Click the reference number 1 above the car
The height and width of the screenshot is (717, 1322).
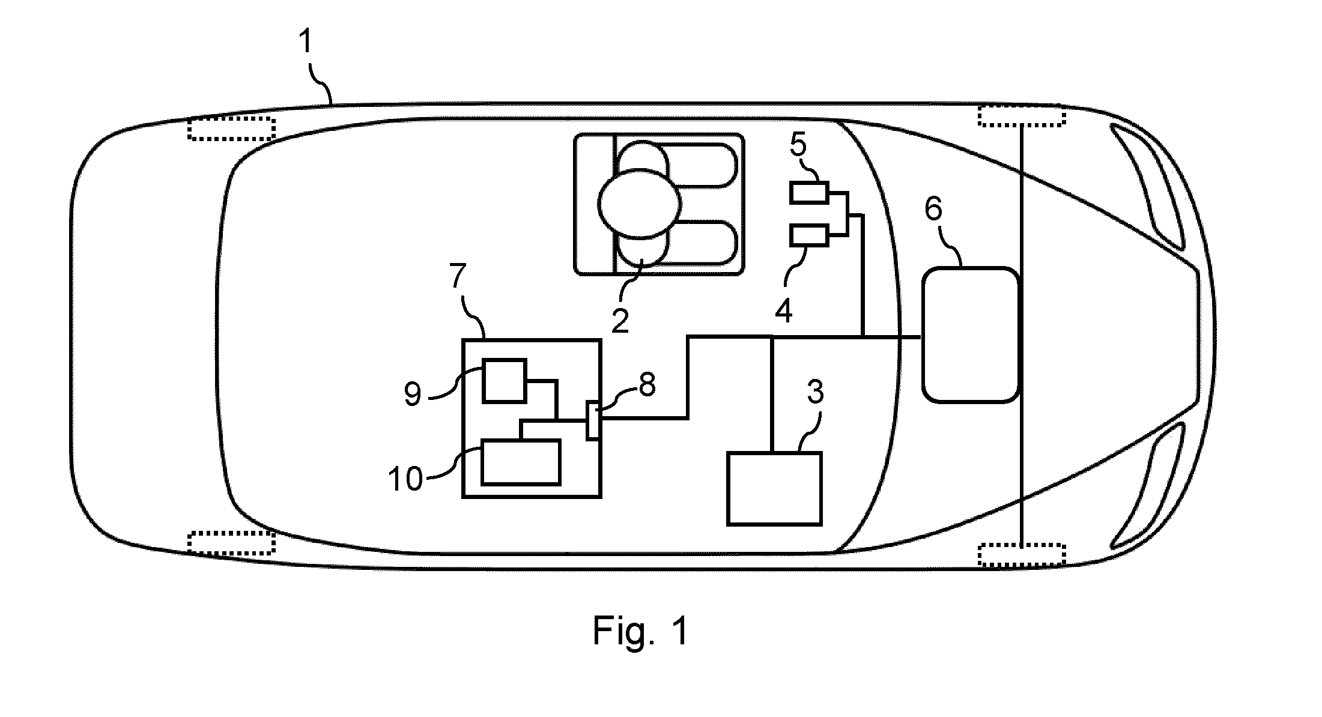(307, 43)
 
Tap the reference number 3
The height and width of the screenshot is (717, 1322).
(814, 392)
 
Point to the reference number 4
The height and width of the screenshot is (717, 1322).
(784, 310)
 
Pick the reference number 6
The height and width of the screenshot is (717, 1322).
(934, 209)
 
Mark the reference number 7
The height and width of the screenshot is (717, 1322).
(457, 276)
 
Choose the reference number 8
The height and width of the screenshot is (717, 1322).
(647, 384)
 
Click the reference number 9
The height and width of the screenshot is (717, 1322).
(413, 394)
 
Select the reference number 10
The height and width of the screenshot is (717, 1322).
(405, 479)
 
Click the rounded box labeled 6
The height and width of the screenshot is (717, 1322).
(970, 334)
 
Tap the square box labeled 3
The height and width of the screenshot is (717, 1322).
(774, 489)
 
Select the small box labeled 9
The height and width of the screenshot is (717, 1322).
(505, 380)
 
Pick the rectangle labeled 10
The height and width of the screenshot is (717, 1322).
(521, 462)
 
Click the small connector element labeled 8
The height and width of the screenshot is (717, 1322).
(593, 420)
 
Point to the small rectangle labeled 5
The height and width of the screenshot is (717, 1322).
(810, 193)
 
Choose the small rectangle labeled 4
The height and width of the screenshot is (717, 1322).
(810, 235)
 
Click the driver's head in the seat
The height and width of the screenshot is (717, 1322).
(639, 204)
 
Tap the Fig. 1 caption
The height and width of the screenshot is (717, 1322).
(640, 631)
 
